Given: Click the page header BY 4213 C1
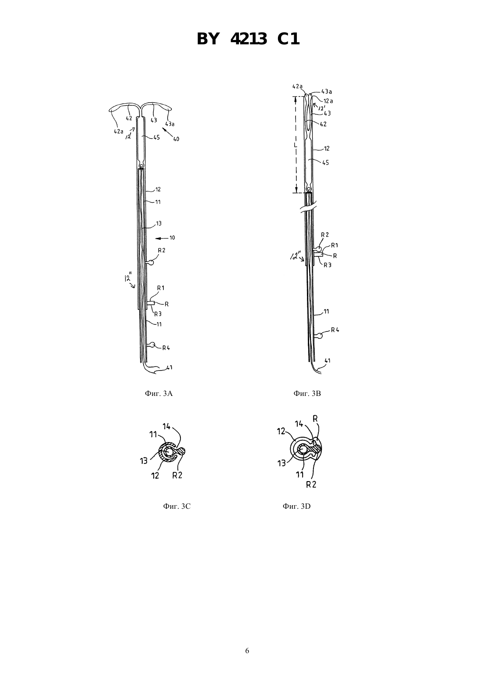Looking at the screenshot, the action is point(248,39).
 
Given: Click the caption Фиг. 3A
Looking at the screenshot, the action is point(159,394).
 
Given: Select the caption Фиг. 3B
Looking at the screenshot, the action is point(307,394).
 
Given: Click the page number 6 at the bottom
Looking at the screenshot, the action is point(247,651).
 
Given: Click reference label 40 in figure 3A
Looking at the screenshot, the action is point(176,139).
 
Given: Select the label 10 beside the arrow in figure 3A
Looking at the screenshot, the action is point(172,237).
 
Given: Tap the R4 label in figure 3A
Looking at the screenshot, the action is point(166,348).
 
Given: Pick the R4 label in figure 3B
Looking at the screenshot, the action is point(335,330).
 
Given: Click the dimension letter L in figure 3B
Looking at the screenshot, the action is point(295,145).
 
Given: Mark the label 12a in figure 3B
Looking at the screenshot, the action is point(328,101).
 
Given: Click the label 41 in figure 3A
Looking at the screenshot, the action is point(169,367).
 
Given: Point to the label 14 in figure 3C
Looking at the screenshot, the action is point(166,426).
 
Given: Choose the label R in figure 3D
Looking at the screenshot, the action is point(315,419).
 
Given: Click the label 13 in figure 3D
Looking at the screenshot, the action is point(281,463).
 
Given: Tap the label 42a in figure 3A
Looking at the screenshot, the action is point(118,131).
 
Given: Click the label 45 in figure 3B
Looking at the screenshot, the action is point(326,163).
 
